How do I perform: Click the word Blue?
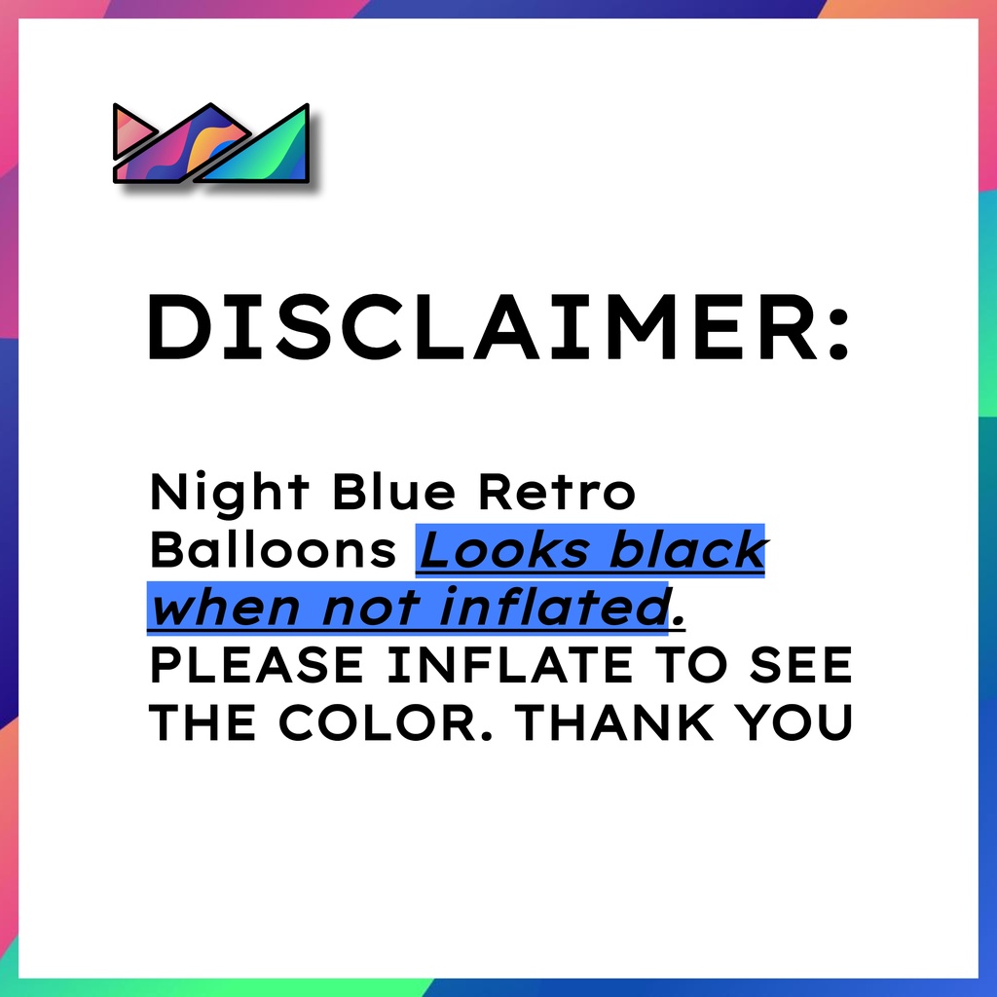pyautogui.click(x=393, y=491)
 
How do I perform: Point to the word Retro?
pyautogui.click(x=557, y=492)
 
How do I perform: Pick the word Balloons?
pyautogui.click(x=274, y=549)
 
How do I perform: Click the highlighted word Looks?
pyautogui.click(x=504, y=549)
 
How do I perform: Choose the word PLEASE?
pyautogui.click(x=256, y=665)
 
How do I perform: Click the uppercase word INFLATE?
pyautogui.click(x=509, y=665)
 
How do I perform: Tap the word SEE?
pyautogui.click(x=800, y=665)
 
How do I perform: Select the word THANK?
pyautogui.click(x=614, y=722)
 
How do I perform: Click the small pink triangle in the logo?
pyautogui.click(x=130, y=131)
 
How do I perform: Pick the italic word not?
pyautogui.click(x=370, y=608)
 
